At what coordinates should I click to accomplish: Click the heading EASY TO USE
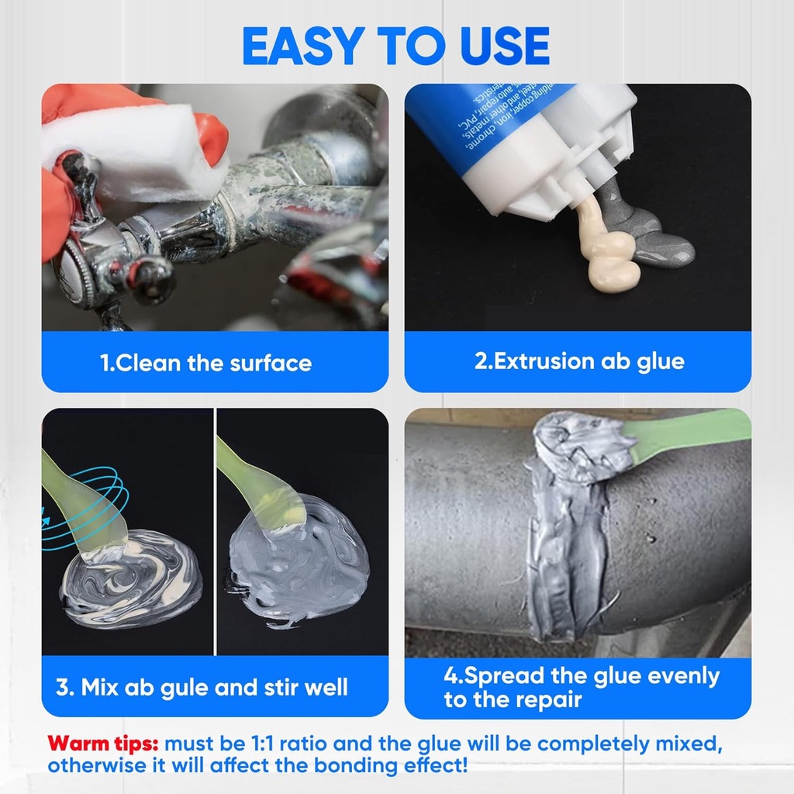pyautogui.click(x=396, y=47)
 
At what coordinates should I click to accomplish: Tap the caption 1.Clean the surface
pyautogui.click(x=206, y=363)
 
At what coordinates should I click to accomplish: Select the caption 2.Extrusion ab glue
pyautogui.click(x=579, y=361)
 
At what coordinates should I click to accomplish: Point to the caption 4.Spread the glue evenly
pyautogui.click(x=582, y=675)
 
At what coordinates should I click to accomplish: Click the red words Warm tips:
pyautogui.click(x=103, y=744)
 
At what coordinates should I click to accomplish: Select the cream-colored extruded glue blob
pyautogui.click(x=610, y=256)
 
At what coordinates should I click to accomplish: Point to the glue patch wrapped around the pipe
pyautogui.click(x=570, y=527)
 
